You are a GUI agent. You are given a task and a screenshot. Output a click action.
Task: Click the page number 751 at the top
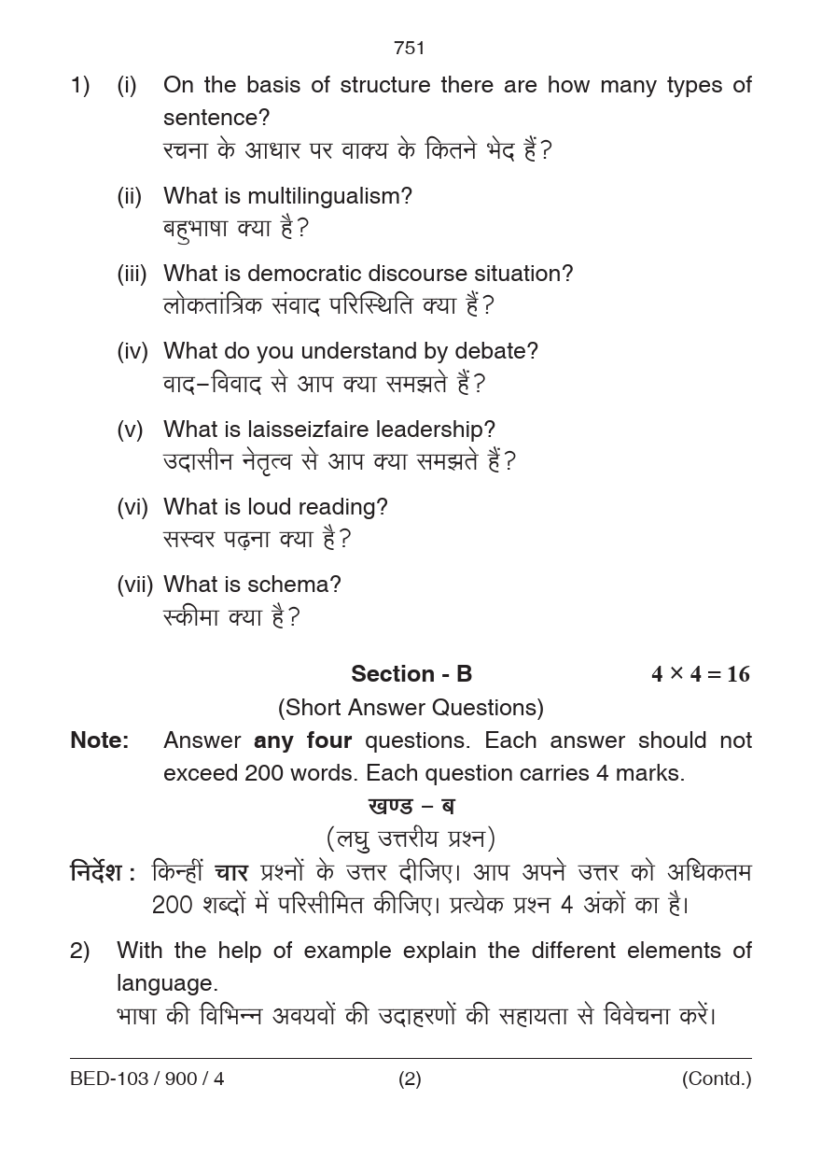pyautogui.click(x=410, y=48)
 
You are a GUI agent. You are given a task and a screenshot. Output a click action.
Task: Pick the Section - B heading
pyautogui.click(x=411, y=673)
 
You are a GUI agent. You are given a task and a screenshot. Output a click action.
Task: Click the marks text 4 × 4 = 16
pyautogui.click(x=700, y=674)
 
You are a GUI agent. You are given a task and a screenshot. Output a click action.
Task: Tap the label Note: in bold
pyautogui.click(x=100, y=740)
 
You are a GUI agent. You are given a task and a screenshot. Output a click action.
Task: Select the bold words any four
pyautogui.click(x=302, y=740)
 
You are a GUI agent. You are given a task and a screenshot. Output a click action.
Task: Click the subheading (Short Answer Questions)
pyautogui.click(x=411, y=708)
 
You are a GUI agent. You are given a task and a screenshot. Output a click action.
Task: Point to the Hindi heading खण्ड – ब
pyautogui.click(x=411, y=805)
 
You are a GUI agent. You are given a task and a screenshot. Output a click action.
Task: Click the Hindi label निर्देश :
pyautogui.click(x=103, y=873)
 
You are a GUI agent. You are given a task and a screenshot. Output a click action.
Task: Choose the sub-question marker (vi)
pyautogui.click(x=132, y=507)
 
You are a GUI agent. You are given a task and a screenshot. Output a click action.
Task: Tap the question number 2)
pyautogui.click(x=80, y=951)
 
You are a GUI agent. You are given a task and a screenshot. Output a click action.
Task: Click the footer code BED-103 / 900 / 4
pyautogui.click(x=147, y=1079)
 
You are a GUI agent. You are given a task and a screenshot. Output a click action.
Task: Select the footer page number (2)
pyautogui.click(x=410, y=1079)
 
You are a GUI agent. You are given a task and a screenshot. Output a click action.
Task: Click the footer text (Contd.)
pyautogui.click(x=716, y=1079)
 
